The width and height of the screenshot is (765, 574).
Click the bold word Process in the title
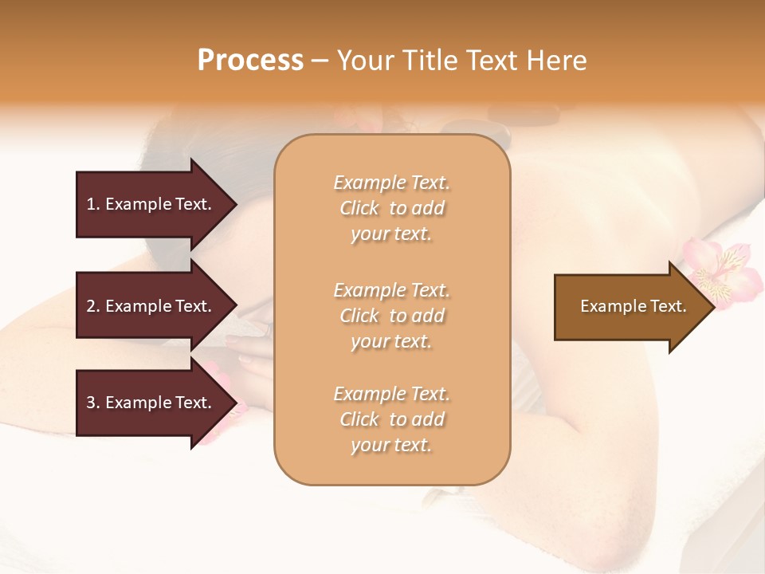pyautogui.click(x=250, y=61)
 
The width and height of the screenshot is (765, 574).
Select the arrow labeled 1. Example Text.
pyautogui.click(x=151, y=204)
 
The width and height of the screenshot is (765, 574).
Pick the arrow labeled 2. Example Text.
pyautogui.click(x=151, y=306)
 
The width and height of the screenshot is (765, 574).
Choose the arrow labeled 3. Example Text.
pyautogui.click(x=151, y=403)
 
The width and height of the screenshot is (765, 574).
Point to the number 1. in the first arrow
pyautogui.click(x=93, y=204)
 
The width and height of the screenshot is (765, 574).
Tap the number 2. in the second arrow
pyautogui.click(x=93, y=306)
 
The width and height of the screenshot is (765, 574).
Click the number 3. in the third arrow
pyautogui.click(x=93, y=403)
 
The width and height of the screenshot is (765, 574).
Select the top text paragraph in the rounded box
pyautogui.click(x=391, y=208)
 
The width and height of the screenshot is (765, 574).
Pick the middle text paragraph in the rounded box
pyautogui.click(x=391, y=316)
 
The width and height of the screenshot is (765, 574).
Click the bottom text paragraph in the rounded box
pyautogui.click(x=391, y=419)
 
